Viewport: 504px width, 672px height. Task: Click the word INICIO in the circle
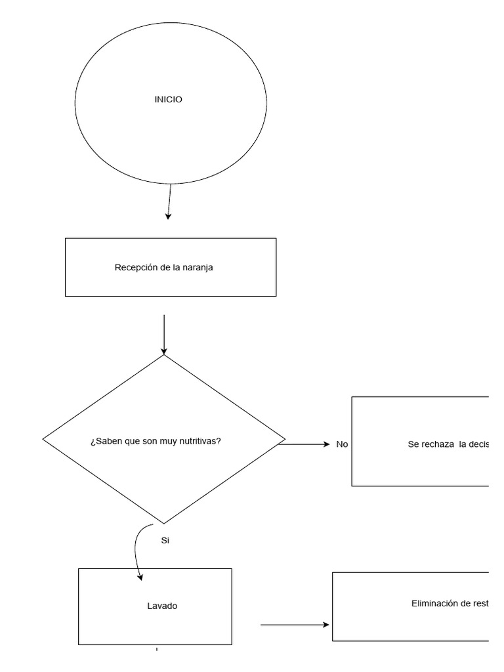click(x=168, y=100)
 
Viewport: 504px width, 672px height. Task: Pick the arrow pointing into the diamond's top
click(x=163, y=335)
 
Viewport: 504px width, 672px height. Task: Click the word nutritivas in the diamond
click(x=200, y=440)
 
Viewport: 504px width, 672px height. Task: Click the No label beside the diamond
click(x=342, y=444)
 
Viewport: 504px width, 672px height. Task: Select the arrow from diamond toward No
click(x=305, y=444)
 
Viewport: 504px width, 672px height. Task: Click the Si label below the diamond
click(x=165, y=541)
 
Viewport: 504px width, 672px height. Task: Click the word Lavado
click(x=162, y=606)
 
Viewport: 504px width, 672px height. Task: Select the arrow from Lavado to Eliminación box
click(x=295, y=625)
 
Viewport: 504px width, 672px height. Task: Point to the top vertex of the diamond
click(x=163, y=355)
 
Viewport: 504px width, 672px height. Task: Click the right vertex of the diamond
click(x=285, y=438)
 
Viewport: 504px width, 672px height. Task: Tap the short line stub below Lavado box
click(x=157, y=650)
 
